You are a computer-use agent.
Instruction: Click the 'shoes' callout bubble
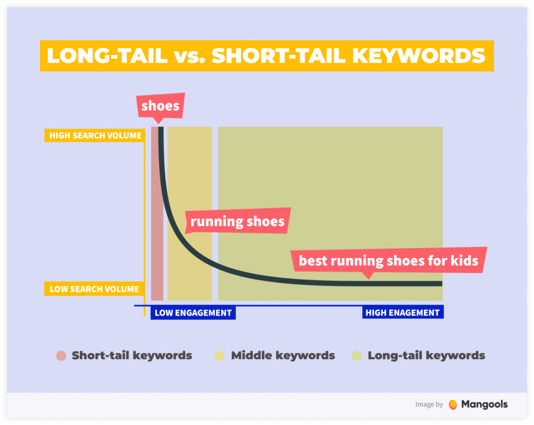point(160,106)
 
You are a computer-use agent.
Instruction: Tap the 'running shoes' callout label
point(237,221)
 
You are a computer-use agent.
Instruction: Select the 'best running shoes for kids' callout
point(389,260)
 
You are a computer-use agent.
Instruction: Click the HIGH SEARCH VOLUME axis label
point(95,136)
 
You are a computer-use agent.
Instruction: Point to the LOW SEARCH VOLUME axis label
point(94,289)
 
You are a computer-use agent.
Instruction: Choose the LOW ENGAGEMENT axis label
point(193,313)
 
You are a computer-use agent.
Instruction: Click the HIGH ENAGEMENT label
point(403,313)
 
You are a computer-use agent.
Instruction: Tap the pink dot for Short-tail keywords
point(62,356)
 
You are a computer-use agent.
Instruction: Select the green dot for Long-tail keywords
point(357,356)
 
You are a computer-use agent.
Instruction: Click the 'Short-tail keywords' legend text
point(132,356)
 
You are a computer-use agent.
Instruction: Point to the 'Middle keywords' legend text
point(283,356)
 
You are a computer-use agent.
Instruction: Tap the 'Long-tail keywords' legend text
point(427,356)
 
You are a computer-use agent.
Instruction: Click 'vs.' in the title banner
point(189,55)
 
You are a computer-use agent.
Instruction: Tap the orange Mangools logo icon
point(453,405)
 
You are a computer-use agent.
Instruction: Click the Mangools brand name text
point(484,404)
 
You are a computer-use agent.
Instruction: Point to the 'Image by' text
point(429,405)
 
